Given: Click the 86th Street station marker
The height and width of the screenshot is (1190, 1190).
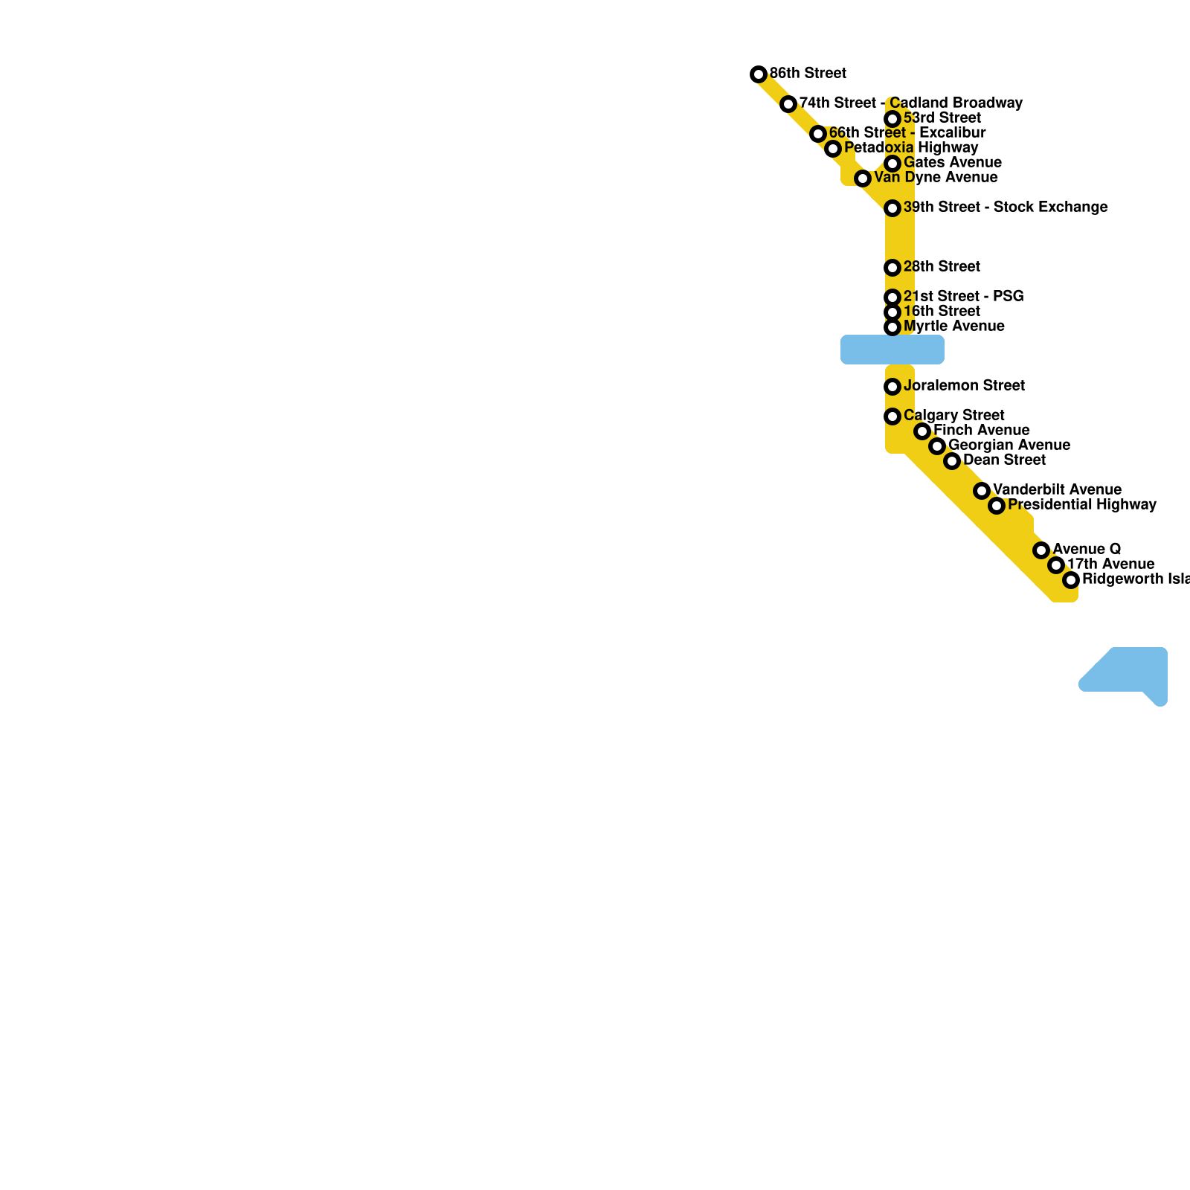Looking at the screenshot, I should pyautogui.click(x=759, y=74).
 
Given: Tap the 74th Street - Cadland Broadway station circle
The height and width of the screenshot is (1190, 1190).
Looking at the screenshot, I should pyautogui.click(x=788, y=104).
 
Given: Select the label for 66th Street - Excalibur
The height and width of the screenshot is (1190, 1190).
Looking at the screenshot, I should pyautogui.click(x=907, y=133).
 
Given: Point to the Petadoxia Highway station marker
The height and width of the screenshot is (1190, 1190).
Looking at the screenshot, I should pyautogui.click(x=833, y=149).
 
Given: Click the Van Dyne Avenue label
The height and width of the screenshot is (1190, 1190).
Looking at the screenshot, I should pyautogui.click(x=936, y=178).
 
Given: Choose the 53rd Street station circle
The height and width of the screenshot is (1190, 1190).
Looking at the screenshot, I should pyautogui.click(x=892, y=119).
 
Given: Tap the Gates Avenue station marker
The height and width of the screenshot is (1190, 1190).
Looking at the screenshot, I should pyautogui.click(x=892, y=164).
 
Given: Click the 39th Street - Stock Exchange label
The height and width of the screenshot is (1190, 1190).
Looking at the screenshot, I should pyautogui.click(x=1006, y=208).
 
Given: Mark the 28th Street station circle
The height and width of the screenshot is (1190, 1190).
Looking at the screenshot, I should pyautogui.click(x=892, y=268).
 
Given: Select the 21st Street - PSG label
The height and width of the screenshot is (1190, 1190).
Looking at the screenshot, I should pyautogui.click(x=963, y=297).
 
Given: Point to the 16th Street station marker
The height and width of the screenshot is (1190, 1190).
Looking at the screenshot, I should pyautogui.click(x=892, y=312).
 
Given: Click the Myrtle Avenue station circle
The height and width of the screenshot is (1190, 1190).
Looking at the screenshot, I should pyautogui.click(x=892, y=327).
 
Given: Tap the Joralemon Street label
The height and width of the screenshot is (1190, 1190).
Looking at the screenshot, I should pyautogui.click(x=964, y=386).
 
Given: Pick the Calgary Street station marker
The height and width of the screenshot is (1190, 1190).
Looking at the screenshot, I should pyautogui.click(x=892, y=416).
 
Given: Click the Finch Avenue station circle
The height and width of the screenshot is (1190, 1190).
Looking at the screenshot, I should pyautogui.click(x=922, y=431).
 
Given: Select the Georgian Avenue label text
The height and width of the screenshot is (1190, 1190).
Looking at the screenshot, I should pyautogui.click(x=1009, y=446).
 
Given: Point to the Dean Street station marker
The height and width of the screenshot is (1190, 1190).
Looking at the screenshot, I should pyautogui.click(x=952, y=461).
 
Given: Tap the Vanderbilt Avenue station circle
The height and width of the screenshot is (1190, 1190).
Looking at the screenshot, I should pyautogui.click(x=982, y=491).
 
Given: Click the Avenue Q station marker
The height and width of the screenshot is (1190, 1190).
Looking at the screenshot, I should pyautogui.click(x=1041, y=550).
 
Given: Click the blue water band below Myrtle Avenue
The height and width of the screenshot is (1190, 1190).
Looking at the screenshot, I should pyautogui.click(x=892, y=350).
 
